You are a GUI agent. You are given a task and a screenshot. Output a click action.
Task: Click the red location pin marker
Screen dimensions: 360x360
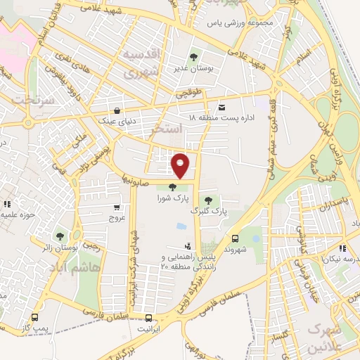pos(181,165)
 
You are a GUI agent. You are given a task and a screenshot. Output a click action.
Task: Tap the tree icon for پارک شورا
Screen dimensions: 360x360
pos(172,186)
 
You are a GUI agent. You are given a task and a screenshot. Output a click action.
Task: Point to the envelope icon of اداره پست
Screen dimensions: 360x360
pos(223,107)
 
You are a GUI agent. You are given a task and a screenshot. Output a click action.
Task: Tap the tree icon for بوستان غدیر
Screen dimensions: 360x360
pos(193,57)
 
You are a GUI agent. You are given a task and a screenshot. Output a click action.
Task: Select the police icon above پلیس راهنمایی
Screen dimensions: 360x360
pos(187,246)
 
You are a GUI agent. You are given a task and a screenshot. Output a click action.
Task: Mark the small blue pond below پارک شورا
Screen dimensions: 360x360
pos(181,226)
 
